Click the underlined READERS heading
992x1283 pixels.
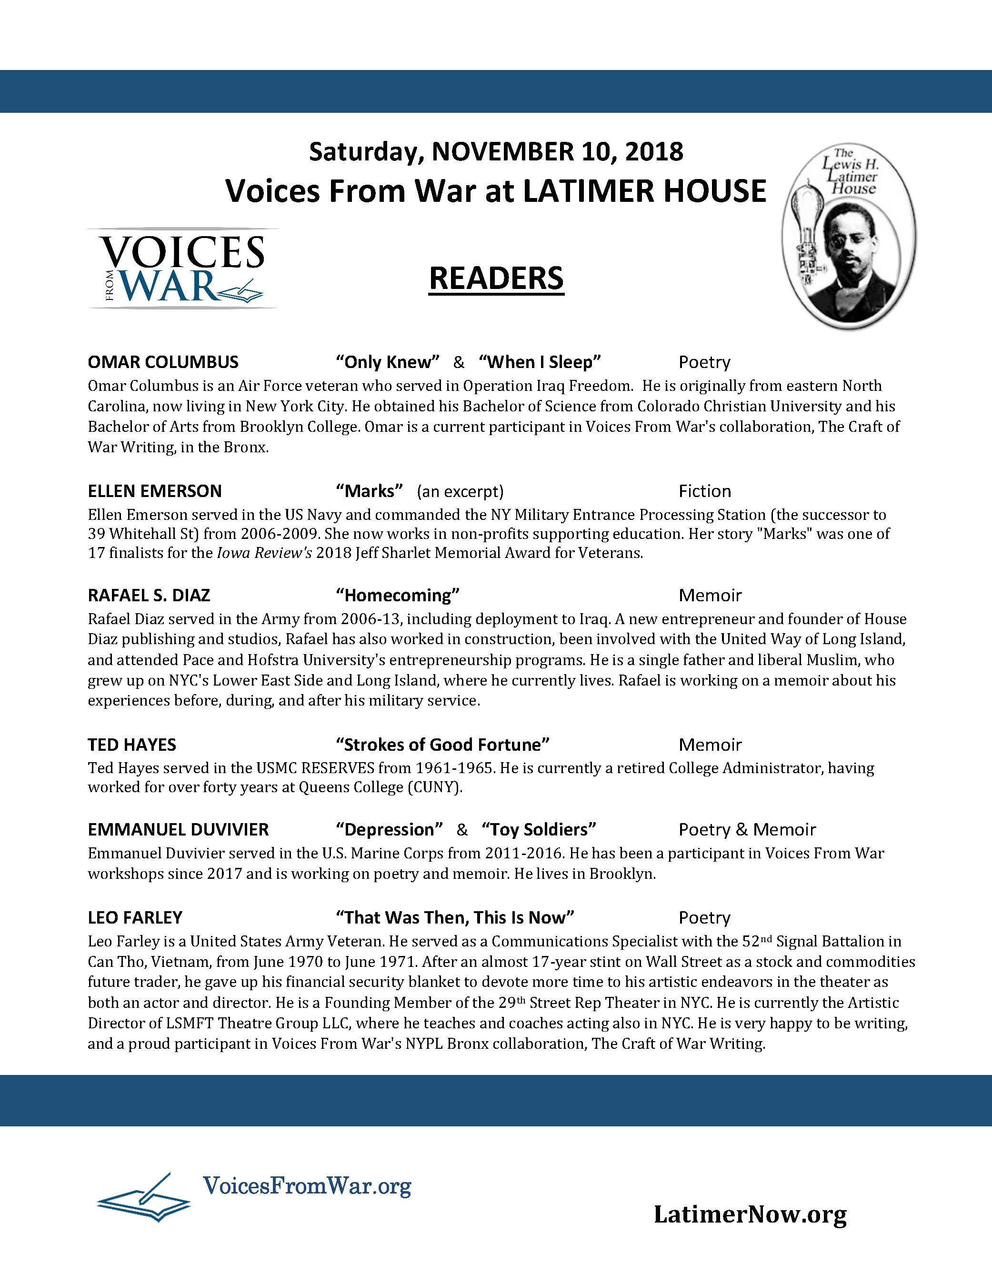(496, 278)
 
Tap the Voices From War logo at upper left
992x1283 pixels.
(183, 269)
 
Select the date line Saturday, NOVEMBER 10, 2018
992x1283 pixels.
(496, 151)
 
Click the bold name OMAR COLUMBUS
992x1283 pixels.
(163, 362)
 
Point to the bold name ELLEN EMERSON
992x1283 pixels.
(155, 491)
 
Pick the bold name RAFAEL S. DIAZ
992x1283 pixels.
(149, 596)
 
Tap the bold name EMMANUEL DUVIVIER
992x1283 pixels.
(178, 829)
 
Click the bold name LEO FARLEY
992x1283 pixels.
(135, 917)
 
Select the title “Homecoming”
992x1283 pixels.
(397, 596)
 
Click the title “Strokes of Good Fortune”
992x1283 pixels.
(442, 745)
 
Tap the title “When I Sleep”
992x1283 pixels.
(540, 362)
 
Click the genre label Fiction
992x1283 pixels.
(705, 491)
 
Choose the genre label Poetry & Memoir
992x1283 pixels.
(747, 829)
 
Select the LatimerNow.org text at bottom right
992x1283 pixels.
(750, 1214)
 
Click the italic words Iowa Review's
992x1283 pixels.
(263, 553)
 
